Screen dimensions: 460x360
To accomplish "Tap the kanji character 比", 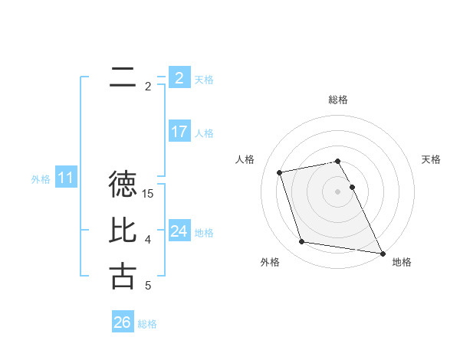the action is [123, 231].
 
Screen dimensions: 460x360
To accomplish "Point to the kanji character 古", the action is [123, 277].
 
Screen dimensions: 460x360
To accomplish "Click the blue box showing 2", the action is [179, 77].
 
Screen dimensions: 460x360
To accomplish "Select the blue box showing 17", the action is [179, 131].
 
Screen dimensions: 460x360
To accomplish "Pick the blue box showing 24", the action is [179, 231].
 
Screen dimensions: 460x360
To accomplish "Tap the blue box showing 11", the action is [65, 178].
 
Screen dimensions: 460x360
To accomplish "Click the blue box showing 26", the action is [122, 322].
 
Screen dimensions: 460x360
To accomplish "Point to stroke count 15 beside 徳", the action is [149, 194].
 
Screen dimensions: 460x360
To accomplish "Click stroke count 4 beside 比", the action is [148, 240].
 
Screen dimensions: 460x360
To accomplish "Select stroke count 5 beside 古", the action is [148, 286].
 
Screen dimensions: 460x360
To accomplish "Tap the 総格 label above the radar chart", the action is [338, 100].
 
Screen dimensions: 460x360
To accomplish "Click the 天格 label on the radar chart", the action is [431, 159].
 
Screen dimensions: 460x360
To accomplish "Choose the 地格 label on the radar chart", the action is [402, 262].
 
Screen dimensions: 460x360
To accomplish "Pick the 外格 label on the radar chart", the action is [270, 262].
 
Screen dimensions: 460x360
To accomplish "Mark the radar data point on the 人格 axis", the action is [280, 172].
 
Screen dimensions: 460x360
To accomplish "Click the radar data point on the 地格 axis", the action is [383, 253].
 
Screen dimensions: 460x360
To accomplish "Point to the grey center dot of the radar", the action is [338, 191].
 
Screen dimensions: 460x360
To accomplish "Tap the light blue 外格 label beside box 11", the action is [41, 179].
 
